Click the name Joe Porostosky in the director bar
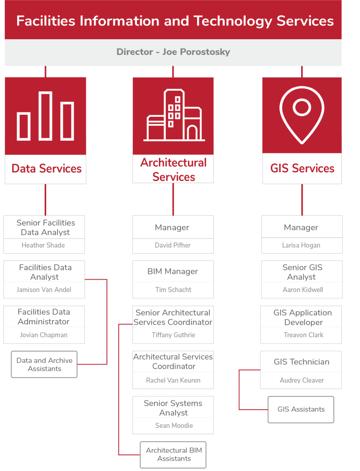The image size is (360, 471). tap(196, 52)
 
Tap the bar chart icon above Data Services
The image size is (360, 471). tap(45, 116)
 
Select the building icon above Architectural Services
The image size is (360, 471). tap(174, 115)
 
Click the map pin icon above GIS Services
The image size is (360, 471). tap(302, 115)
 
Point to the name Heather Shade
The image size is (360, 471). tap(43, 245)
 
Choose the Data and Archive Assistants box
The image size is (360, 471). tap(44, 365)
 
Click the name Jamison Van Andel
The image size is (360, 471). tap(44, 290)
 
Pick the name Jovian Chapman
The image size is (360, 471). tap(44, 335)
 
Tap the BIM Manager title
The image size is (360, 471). tap(173, 271)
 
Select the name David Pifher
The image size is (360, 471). tap(173, 245)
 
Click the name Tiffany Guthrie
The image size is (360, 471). tap(174, 335)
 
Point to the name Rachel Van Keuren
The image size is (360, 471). tap(173, 380)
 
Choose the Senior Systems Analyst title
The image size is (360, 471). tap(173, 408)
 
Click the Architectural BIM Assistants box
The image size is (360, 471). tap(173, 455)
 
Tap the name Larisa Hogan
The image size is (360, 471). tap(301, 245)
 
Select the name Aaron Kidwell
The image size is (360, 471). tap(303, 290)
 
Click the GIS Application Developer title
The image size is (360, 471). tap(303, 317)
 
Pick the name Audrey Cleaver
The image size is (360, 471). tap(302, 380)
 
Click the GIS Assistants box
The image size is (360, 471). tap(301, 409)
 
